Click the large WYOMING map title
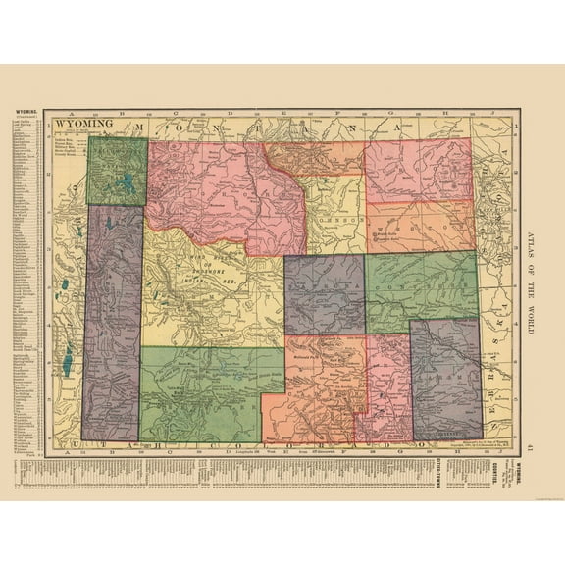tap(81, 125)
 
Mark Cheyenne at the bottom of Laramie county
tap(447, 429)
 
